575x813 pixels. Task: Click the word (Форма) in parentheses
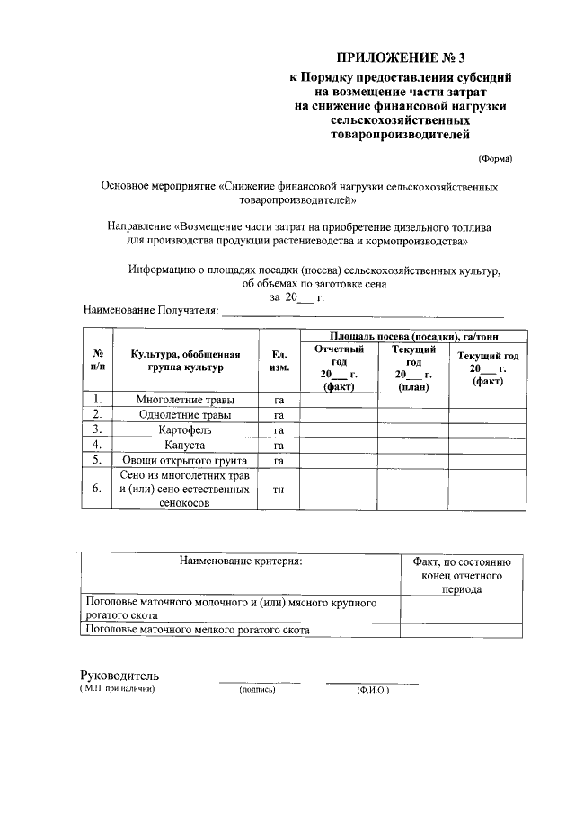pyautogui.click(x=494, y=158)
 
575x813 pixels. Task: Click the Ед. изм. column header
pyautogui.click(x=279, y=361)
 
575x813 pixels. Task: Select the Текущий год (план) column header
pyautogui.click(x=413, y=367)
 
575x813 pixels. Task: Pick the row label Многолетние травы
pyautogui.click(x=185, y=400)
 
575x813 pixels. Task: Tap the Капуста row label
pyautogui.click(x=185, y=445)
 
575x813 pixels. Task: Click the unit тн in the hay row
pyautogui.click(x=279, y=490)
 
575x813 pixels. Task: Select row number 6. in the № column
pyautogui.click(x=97, y=490)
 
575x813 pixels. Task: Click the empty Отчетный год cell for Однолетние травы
pyautogui.click(x=338, y=415)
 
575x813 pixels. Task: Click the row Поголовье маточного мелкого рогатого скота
pyautogui.click(x=197, y=630)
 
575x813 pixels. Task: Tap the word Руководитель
pyautogui.click(x=119, y=675)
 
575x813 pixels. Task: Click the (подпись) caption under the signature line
pyautogui.click(x=258, y=690)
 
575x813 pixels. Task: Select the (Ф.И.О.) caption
pyautogui.click(x=372, y=690)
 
